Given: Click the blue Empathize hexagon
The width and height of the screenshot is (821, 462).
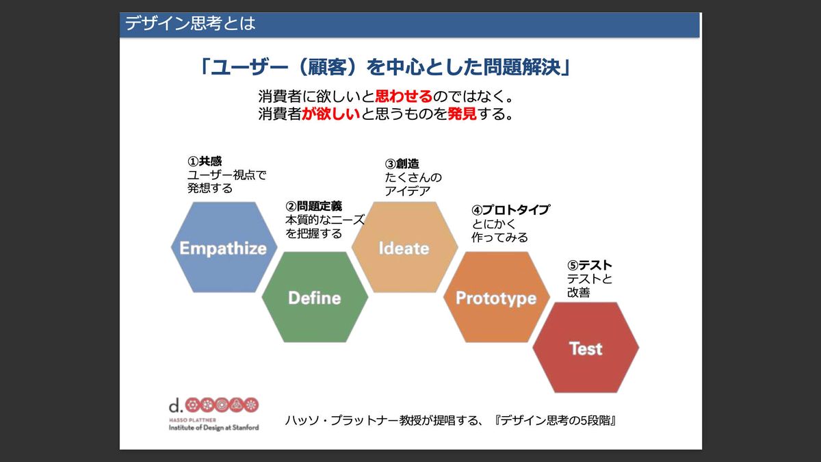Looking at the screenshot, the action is tap(224, 247).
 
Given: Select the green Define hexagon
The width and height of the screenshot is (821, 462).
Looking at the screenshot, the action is tap(315, 297).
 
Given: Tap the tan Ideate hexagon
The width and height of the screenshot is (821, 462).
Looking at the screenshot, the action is tap(404, 247).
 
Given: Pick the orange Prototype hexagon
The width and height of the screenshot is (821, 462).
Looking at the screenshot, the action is tap(497, 297).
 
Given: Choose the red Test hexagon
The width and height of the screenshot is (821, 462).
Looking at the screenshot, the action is tap(586, 348).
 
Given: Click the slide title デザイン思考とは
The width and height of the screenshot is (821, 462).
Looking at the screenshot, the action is tap(190, 23).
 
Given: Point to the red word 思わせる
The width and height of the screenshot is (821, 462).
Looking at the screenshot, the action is tap(404, 97).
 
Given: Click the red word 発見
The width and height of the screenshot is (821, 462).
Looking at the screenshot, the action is tap(462, 114).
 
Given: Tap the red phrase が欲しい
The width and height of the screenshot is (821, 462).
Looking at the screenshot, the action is tap(331, 114).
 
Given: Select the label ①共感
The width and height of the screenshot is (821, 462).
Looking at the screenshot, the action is tap(205, 162).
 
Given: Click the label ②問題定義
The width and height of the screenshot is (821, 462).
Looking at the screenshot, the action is tap(313, 207).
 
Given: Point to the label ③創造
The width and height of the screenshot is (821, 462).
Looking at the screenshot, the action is tap(402, 164).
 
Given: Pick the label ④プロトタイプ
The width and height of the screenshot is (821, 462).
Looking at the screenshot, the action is tap(510, 210).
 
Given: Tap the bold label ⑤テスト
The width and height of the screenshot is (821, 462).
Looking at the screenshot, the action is tap(589, 265).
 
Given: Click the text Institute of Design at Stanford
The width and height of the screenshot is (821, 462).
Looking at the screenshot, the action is tap(213, 428).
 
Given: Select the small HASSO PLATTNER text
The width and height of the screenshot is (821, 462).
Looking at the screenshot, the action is tap(192, 420).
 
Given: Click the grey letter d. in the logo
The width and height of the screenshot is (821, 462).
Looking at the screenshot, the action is tap(176, 405).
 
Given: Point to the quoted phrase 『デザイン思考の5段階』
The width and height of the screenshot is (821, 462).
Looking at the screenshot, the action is tap(555, 420).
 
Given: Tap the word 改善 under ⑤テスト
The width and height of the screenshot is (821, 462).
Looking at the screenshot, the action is tap(578, 293).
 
